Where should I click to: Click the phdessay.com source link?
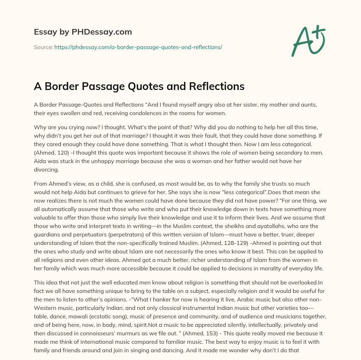coord(138,47)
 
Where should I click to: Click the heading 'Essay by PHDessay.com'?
coord(83,32)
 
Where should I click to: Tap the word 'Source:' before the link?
coord(43,47)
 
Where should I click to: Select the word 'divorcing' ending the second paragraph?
coord(46,169)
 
